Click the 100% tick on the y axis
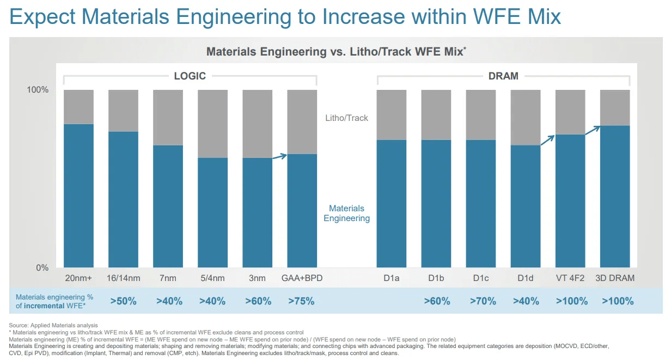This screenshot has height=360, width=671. pyautogui.click(x=38, y=90)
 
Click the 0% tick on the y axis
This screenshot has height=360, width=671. pyautogui.click(x=42, y=267)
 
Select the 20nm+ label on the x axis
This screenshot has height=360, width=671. pyautogui.click(x=78, y=278)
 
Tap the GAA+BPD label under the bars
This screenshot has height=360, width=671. pyautogui.click(x=302, y=278)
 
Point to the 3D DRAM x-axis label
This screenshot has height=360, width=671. pyautogui.click(x=615, y=278)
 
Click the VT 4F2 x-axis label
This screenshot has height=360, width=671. pyautogui.click(x=570, y=278)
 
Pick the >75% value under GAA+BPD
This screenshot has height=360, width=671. pyautogui.click(x=302, y=301)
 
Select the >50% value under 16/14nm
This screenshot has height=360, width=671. pyautogui.click(x=123, y=301)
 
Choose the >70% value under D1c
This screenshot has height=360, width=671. pyautogui.click(x=481, y=301)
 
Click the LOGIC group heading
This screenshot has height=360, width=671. pyautogui.click(x=190, y=76)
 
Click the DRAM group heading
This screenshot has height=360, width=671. pyautogui.click(x=503, y=76)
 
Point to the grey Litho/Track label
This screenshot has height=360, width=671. pyautogui.click(x=346, y=118)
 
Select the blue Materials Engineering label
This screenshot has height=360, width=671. pyautogui.click(x=346, y=213)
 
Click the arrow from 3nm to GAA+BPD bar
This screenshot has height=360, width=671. pyautogui.click(x=279, y=156)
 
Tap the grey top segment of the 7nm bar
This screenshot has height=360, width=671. pyautogui.click(x=168, y=117)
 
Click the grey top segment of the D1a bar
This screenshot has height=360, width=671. pyautogui.click(x=392, y=114)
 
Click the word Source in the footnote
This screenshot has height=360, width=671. pyautogui.click(x=20, y=325)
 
